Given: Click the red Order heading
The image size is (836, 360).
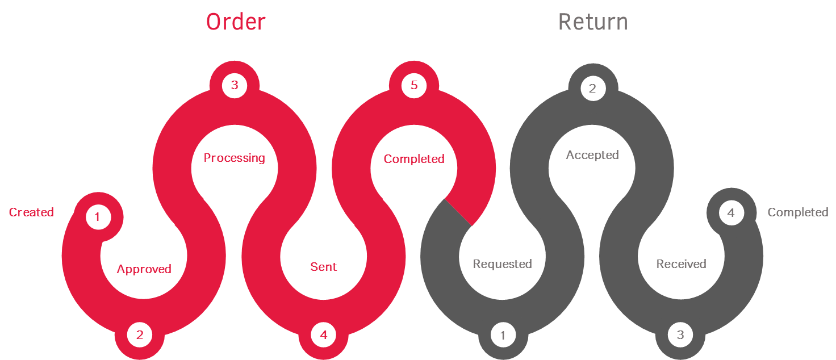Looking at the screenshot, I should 236,22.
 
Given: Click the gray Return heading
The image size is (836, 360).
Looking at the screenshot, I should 593,22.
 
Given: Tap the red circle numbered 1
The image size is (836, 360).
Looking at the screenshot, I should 98,217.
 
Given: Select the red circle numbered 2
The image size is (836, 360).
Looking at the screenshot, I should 140,335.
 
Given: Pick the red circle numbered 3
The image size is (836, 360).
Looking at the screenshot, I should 235,86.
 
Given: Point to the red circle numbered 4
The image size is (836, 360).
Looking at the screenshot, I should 324,335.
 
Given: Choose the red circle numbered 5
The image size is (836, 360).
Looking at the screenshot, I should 414,86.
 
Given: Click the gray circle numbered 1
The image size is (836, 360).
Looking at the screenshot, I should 503,335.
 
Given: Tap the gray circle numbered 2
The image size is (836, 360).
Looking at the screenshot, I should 593,89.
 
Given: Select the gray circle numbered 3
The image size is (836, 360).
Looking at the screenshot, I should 680,335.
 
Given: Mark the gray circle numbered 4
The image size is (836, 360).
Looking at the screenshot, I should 731,213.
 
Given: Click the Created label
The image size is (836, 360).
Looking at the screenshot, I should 31,212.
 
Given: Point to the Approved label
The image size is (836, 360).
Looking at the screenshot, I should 144,269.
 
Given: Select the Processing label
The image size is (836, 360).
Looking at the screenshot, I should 234,158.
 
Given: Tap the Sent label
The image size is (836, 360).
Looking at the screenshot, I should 324,267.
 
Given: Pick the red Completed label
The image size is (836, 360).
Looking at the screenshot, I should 414,159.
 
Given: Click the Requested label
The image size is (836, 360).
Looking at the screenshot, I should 502,264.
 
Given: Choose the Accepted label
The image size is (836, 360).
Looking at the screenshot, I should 592,155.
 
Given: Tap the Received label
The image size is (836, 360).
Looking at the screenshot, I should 681,264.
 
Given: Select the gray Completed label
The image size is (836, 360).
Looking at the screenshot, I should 798,212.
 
